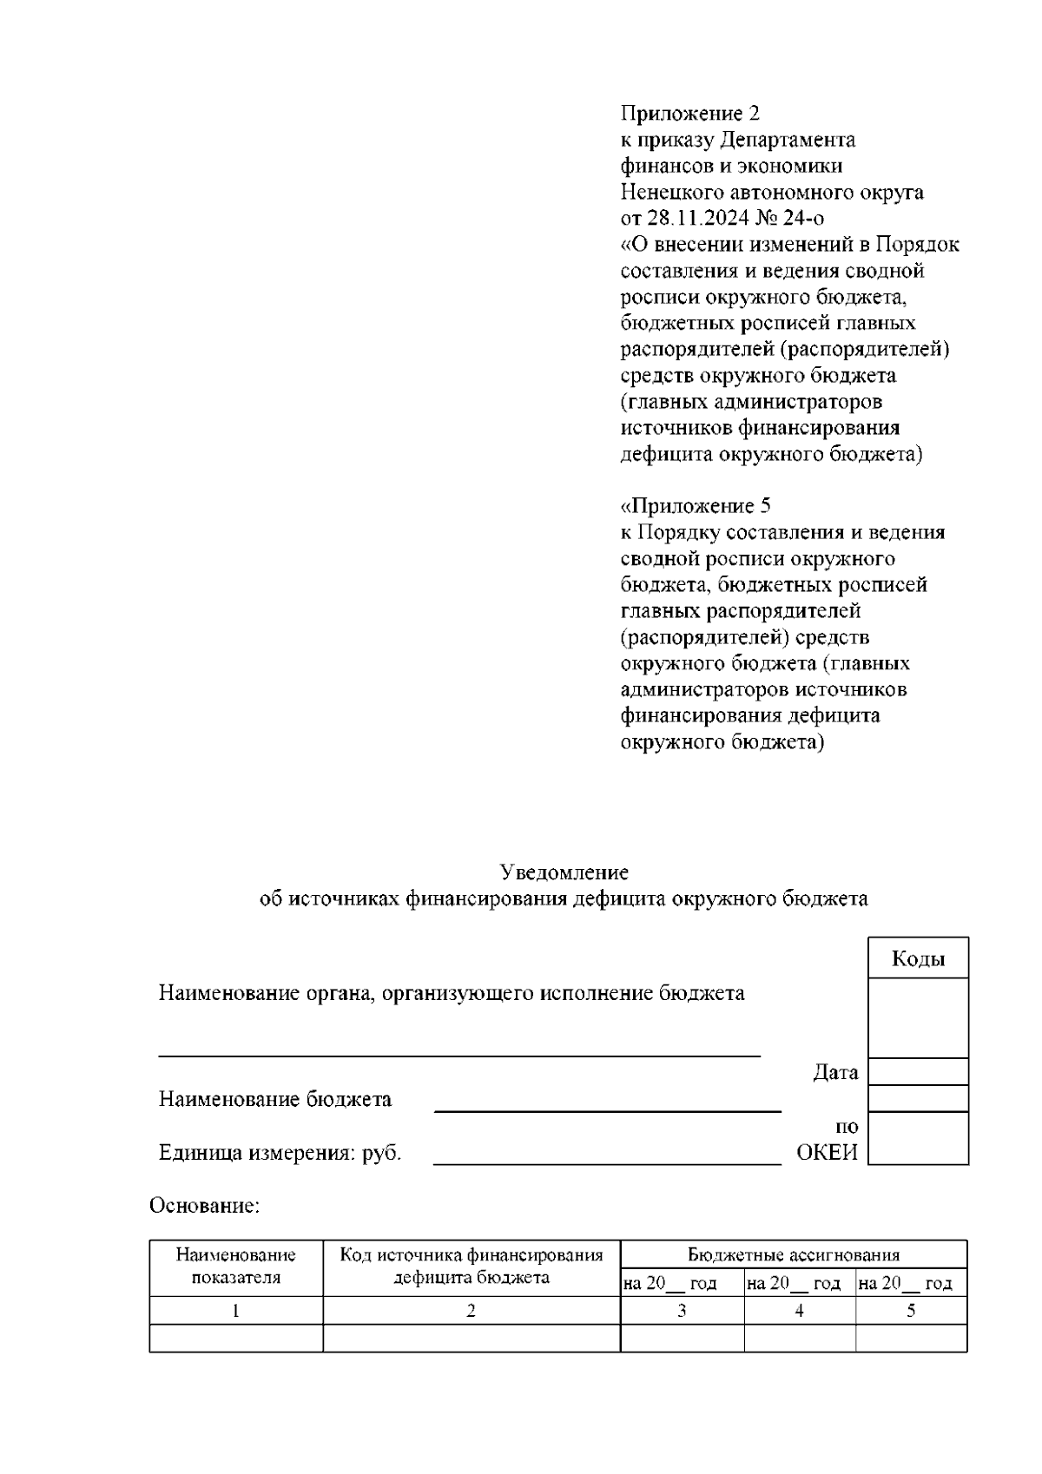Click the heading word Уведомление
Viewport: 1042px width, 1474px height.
tap(564, 872)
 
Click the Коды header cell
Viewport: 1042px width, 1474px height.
tap(918, 958)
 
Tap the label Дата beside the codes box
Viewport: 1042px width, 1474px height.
tap(835, 1072)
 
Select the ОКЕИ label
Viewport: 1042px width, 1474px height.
tap(827, 1153)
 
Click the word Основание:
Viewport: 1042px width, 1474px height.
tap(205, 1206)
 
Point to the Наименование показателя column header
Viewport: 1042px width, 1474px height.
tap(236, 1267)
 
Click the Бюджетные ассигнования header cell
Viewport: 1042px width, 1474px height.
tap(794, 1254)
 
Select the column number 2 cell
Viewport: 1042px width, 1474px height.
tap(472, 1311)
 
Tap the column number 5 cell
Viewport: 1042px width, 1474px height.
tap(911, 1311)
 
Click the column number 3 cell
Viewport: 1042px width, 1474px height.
tap(682, 1311)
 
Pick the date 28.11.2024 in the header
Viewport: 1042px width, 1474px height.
tap(699, 218)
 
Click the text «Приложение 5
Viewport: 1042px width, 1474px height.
tap(696, 505)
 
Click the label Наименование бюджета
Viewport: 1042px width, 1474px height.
tap(274, 1099)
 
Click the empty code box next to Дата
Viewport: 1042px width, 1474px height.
tap(918, 1072)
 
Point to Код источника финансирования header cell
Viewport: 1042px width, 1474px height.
tap(472, 1267)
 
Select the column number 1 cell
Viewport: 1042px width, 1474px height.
tap(236, 1311)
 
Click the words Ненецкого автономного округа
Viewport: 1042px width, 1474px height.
tap(772, 192)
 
